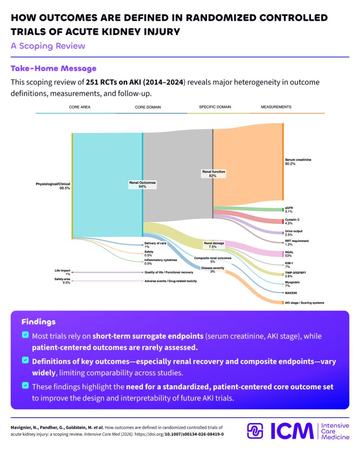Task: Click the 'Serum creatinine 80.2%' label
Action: [298, 162]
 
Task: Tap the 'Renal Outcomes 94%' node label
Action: [142, 184]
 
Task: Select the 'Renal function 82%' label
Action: [214, 174]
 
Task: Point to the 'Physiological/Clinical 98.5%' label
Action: [53, 186]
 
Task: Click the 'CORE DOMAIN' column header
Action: [148, 107]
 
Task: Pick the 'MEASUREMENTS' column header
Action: [276, 107]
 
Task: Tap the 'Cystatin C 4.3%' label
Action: [292, 221]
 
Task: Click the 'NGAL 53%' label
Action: [289, 254]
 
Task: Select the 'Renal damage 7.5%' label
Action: [214, 245]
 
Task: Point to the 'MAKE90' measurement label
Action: [291, 293]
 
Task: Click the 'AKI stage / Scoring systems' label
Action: [304, 303]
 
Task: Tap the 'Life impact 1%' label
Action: [62, 272]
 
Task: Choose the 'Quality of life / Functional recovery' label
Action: [169, 272]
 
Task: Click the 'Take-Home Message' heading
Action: [54, 68]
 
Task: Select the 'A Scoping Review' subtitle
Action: [48, 46]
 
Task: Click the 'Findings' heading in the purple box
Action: [38, 322]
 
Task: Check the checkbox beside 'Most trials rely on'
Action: [25, 335]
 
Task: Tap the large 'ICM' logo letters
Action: [292, 431]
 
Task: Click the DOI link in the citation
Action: [179, 434]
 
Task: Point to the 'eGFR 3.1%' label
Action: [289, 210]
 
